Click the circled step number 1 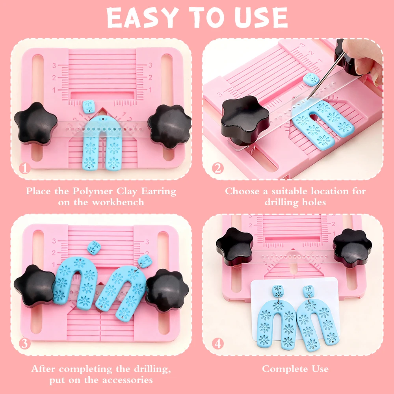pyautogui.click(x=25, y=168)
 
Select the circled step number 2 pyautogui.click(x=217, y=168)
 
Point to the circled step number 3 pyautogui.click(x=25, y=344)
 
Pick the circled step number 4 pyautogui.click(x=217, y=344)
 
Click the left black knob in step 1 pyautogui.click(x=36, y=123)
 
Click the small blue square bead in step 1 pyautogui.click(x=89, y=106)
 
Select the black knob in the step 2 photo pyautogui.click(x=244, y=117)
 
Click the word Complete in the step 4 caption pyautogui.click(x=281, y=369)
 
